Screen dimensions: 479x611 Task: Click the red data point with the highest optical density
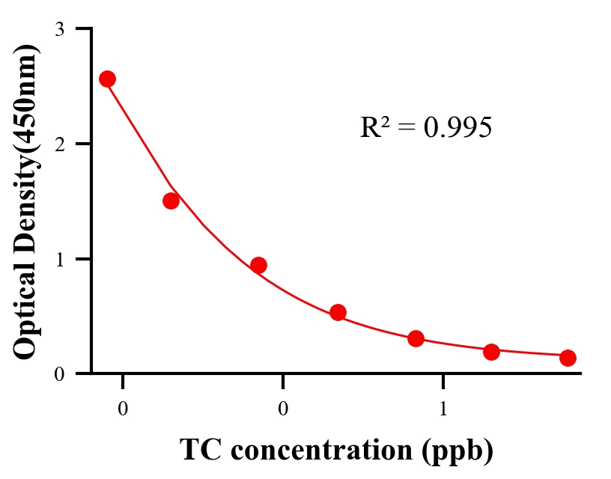107,79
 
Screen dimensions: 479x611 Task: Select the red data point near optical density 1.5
171,201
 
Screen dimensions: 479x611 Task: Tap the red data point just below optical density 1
258,265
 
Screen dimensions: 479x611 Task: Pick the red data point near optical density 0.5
338,312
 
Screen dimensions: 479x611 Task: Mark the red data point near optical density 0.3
416,338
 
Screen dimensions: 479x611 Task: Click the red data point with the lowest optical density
568,358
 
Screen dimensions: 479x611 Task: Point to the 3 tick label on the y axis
59,29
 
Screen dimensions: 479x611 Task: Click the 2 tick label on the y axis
59,144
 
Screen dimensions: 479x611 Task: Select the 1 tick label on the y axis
59,259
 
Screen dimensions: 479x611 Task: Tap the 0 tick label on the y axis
59,373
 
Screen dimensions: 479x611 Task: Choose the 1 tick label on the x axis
443,409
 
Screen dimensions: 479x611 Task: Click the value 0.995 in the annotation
458,128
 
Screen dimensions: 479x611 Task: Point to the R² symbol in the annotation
374,128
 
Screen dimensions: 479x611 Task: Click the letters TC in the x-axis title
197,450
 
